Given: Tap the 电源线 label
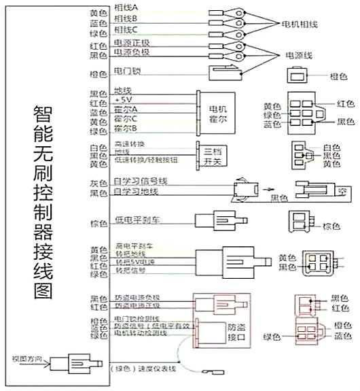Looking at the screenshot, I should (x=299, y=55).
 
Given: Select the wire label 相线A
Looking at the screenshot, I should (x=126, y=7).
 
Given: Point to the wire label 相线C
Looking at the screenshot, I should (x=126, y=30).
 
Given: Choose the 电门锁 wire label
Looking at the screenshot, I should (x=127, y=70).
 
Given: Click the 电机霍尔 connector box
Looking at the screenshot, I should (x=216, y=112).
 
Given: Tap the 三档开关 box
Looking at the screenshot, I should (x=210, y=154).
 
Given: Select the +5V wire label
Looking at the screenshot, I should (x=123, y=99).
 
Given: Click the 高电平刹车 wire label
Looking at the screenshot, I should (x=134, y=245).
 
